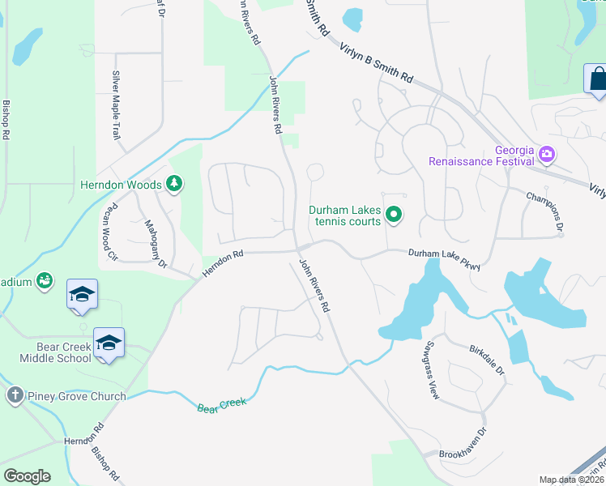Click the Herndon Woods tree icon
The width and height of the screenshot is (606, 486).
173,185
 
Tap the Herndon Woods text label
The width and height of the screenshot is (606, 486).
121,185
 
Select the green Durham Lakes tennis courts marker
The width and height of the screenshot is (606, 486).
394,215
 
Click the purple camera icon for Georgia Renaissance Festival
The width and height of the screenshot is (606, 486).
546,153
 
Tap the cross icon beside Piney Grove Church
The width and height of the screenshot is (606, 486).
15,396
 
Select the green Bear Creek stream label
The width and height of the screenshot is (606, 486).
222,403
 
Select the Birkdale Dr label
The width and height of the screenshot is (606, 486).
487,360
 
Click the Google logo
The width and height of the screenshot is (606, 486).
27,476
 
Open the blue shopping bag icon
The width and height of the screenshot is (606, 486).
596,79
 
